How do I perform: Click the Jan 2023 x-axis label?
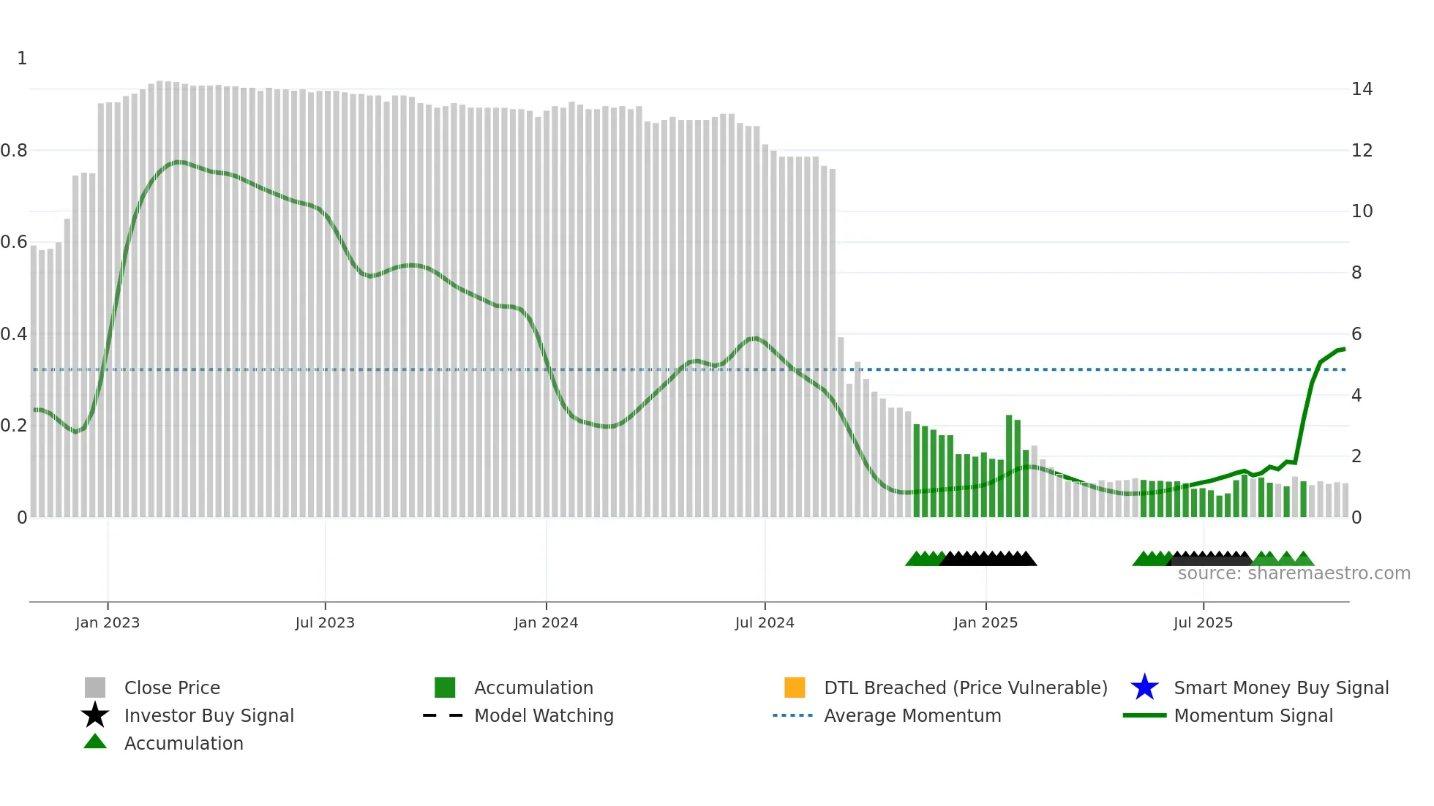(107, 622)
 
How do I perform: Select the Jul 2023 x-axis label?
(325, 622)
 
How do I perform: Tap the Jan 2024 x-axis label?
(546, 622)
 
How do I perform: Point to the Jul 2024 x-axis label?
(765, 622)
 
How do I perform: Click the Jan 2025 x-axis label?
(986, 622)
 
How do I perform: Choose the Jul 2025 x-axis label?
(1203, 622)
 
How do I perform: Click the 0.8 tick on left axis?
(14, 151)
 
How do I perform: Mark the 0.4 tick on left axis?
(14, 334)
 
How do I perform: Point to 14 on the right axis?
(1362, 89)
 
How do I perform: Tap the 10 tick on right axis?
(1362, 211)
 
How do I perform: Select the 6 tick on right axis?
(1356, 334)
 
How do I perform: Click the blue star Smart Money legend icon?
(1144, 688)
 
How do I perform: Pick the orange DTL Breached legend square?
(795, 688)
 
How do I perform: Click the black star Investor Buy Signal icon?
(95, 715)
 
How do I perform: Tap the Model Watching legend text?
(544, 715)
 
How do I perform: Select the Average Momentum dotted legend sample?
(792, 715)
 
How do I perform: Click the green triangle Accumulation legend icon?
(95, 742)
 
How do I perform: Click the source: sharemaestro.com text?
(1294, 573)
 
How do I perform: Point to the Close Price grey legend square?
(95, 688)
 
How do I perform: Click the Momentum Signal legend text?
(1253, 715)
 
